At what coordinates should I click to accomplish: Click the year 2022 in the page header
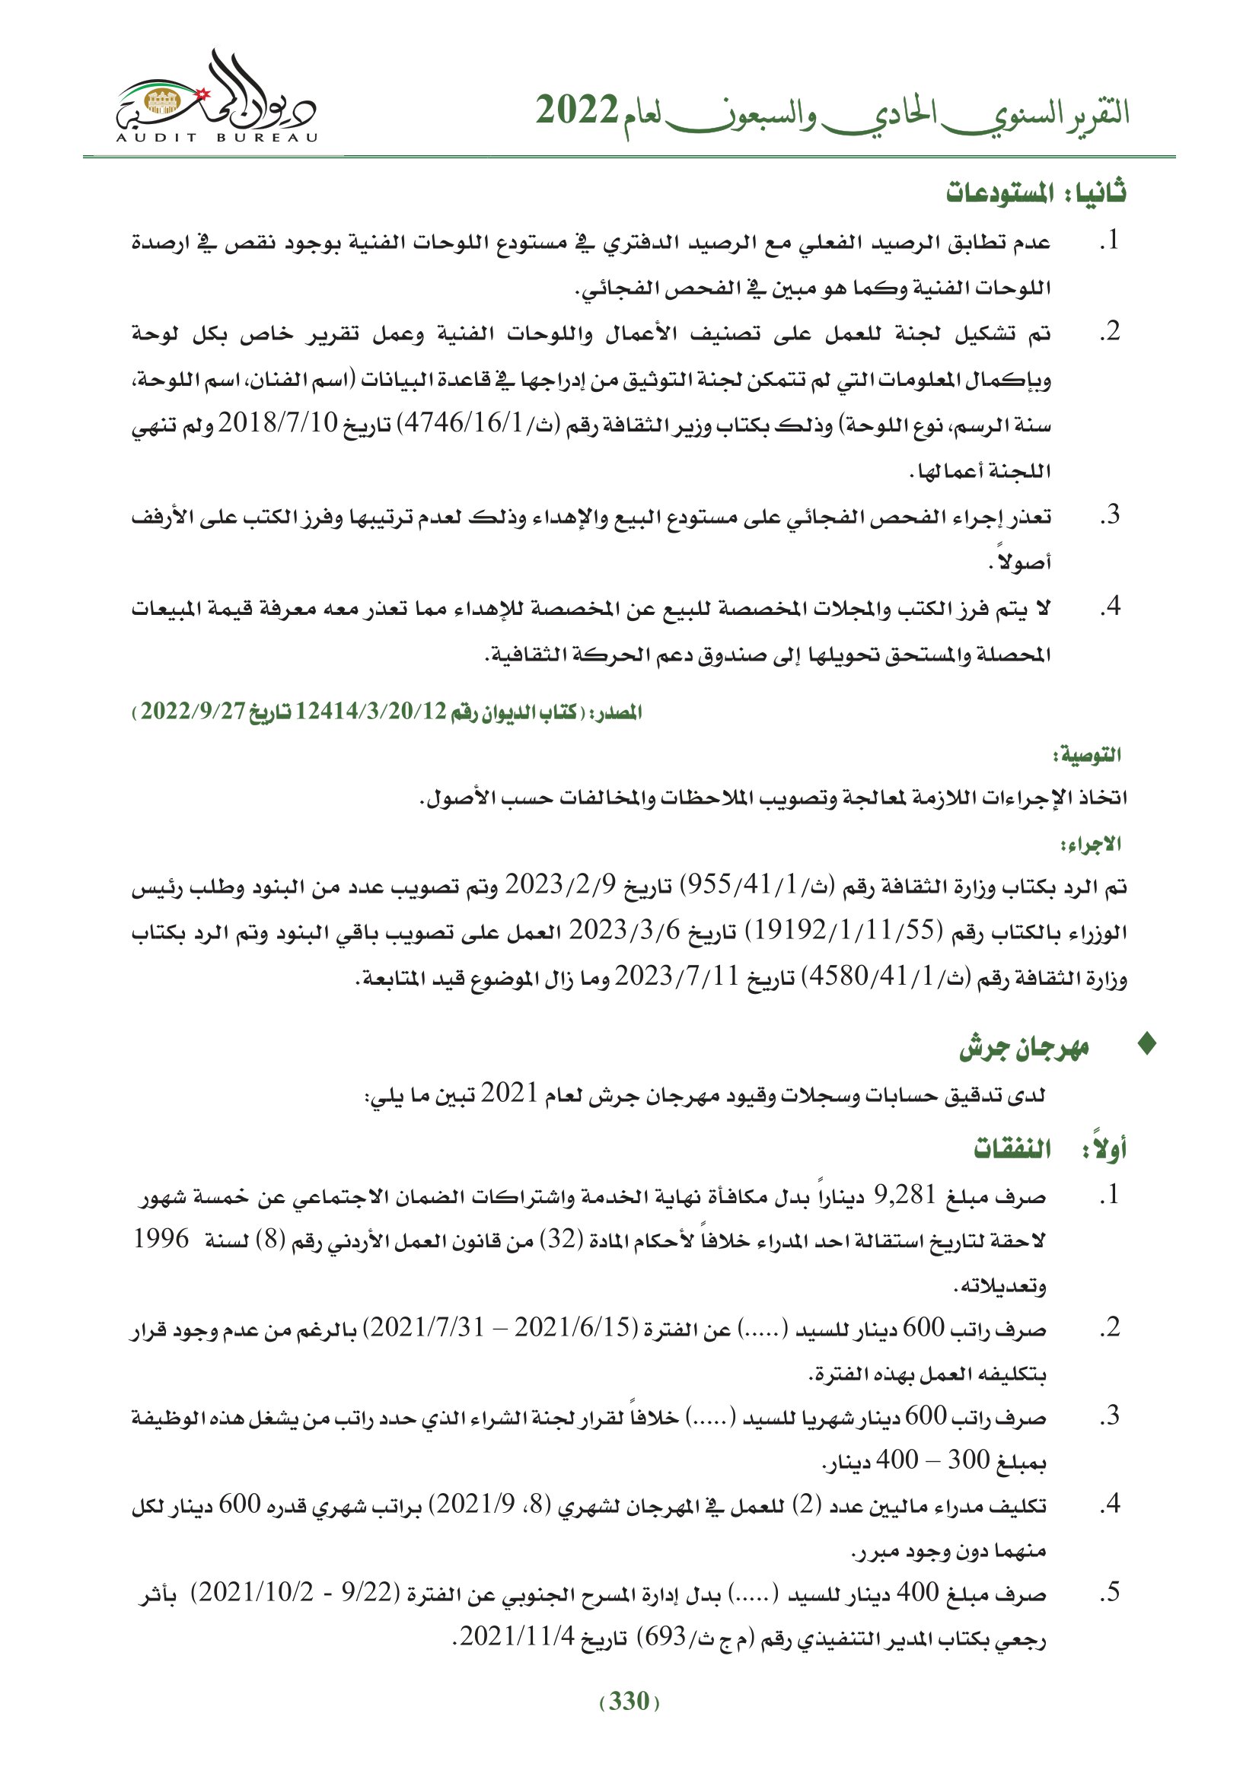coord(576,112)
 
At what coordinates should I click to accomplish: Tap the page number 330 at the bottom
coord(629,1701)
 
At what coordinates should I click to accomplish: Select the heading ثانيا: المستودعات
coord(1036,193)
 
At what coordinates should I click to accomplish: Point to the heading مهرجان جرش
coord(1024,1047)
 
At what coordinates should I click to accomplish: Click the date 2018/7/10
coord(278,423)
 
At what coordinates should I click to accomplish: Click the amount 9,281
coord(906,1194)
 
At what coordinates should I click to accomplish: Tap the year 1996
coord(161,1239)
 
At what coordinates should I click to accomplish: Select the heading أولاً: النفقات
coord(1050,1148)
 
